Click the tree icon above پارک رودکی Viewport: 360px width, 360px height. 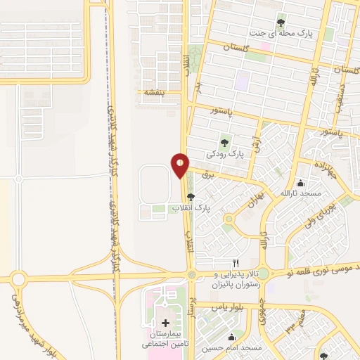pyautogui.click(x=225, y=141)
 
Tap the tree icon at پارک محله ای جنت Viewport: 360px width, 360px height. pyautogui.click(x=281, y=22)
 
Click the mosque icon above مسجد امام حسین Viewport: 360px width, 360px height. pyautogui.click(x=233, y=337)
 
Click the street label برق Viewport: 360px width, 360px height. pyautogui.click(x=207, y=176)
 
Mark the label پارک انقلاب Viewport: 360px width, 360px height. pyautogui.click(x=191, y=208)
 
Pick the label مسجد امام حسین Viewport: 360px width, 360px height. pyautogui.click(x=233, y=348)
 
